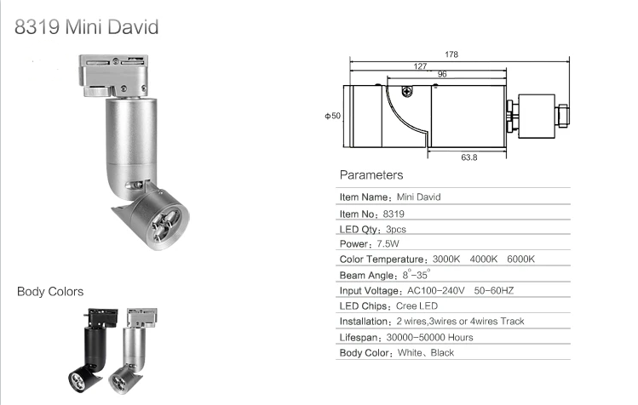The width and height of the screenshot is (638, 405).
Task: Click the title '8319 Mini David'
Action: click(x=86, y=27)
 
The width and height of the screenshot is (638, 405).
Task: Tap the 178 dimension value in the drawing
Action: click(x=451, y=54)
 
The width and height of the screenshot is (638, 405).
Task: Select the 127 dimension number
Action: click(x=420, y=66)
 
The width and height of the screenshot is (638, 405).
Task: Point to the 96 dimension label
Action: click(x=442, y=74)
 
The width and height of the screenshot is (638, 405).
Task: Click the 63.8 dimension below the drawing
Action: click(x=468, y=157)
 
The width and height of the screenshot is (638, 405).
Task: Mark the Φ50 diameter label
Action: click(x=332, y=116)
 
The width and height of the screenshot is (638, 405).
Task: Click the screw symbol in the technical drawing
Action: click(x=407, y=92)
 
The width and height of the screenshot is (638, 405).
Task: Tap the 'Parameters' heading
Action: click(x=371, y=175)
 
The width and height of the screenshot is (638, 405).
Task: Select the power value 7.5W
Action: click(x=388, y=243)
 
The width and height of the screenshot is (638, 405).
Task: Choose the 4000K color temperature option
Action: click(x=483, y=259)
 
